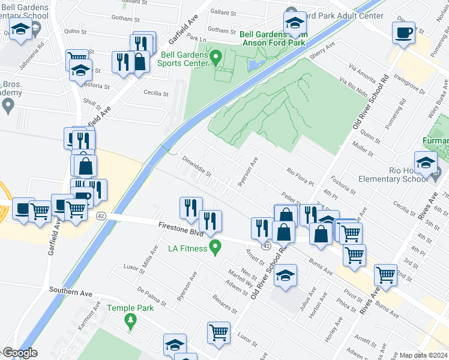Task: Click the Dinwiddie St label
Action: point(197,166)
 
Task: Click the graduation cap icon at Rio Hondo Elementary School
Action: point(426,162)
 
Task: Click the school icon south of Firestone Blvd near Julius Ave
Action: point(285,274)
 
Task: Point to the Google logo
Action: point(20,353)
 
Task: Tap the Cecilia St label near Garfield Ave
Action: point(158,92)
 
